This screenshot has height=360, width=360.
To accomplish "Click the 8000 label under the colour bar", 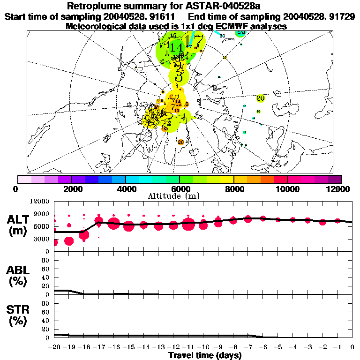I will (233, 189).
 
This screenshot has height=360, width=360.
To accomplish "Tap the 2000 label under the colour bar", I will (71, 189).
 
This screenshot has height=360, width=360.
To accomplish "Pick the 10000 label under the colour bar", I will (287, 189).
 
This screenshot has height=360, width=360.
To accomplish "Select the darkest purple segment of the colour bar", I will (335, 179).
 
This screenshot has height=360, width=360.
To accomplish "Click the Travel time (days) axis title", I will (205, 356).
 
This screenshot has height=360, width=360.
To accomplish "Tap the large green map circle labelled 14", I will (177, 47).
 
